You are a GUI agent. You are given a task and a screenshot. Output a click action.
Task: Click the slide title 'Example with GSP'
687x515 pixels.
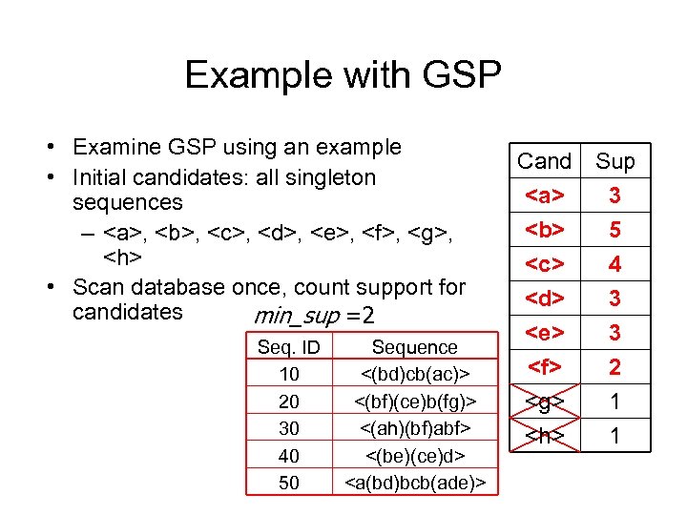click(343, 74)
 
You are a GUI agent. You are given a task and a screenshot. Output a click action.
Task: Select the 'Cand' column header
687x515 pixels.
click(544, 161)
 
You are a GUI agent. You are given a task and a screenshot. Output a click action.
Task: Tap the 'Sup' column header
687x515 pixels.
click(614, 161)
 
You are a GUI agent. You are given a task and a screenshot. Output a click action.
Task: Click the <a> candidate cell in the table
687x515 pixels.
click(544, 196)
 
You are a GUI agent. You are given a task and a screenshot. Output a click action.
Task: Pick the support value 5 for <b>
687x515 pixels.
click(614, 230)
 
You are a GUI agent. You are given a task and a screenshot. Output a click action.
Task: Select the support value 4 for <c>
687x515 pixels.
click(614, 264)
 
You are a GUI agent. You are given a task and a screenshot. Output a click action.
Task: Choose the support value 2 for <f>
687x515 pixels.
click(614, 367)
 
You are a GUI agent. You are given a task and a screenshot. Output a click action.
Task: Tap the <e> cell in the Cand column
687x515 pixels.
click(544, 333)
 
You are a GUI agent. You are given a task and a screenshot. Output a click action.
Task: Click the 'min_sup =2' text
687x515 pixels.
click(314, 316)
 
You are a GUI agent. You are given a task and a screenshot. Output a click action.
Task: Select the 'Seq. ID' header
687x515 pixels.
click(288, 347)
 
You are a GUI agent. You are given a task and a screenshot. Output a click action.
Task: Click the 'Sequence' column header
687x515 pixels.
click(414, 347)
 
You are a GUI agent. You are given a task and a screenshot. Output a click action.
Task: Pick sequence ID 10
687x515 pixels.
click(288, 374)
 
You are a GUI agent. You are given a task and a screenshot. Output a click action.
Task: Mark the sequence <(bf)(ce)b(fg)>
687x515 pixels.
click(414, 402)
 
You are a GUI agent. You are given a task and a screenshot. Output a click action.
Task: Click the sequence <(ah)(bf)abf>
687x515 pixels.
click(414, 428)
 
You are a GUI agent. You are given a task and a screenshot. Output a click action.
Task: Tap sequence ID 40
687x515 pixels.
click(288, 456)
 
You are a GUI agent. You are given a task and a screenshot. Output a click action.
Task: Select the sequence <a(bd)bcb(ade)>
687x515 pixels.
click(414, 483)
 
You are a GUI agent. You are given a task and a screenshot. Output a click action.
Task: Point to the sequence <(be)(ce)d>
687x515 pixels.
click(414, 456)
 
